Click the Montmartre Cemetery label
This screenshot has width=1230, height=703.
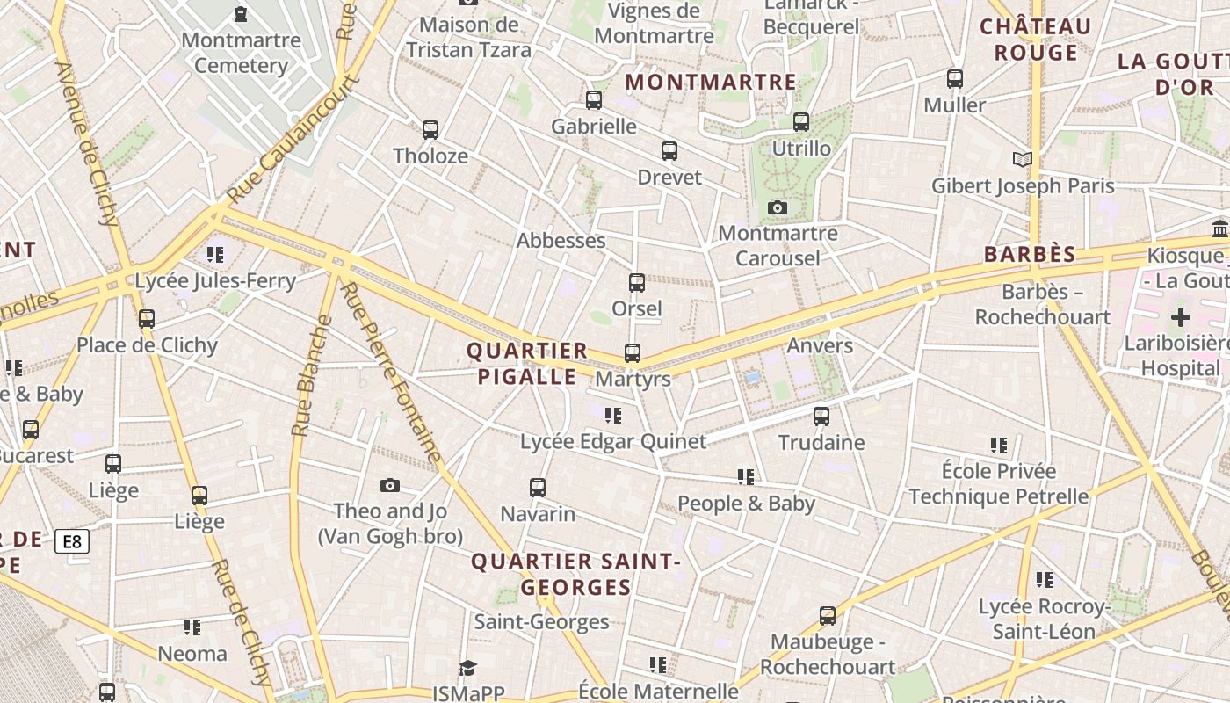coord(241,53)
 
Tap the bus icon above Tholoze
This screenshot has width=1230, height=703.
coord(430,130)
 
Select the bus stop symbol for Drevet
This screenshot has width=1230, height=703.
coord(669,151)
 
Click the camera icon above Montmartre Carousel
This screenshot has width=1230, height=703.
coord(778,208)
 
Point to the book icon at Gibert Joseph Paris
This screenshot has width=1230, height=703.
coord(1022,160)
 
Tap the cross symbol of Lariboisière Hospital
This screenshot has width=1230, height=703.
coord(1181,317)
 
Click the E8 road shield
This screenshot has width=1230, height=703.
coord(72,541)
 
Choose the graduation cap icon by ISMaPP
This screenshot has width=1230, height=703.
coord(468,669)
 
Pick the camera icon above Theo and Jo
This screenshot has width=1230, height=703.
coord(390,485)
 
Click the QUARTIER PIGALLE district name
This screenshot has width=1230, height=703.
coord(527,364)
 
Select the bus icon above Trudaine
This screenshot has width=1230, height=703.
coord(821,417)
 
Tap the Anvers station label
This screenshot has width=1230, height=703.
coord(820,345)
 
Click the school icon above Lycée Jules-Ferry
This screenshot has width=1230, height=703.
coord(215,255)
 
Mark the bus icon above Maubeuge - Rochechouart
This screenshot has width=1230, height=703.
coord(828,616)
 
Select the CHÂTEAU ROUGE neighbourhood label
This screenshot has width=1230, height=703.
coord(1036,40)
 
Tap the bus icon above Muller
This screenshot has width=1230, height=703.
coord(955,79)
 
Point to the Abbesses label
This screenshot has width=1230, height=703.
coord(561,240)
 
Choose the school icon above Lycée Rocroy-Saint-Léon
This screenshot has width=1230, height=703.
coord(1045,580)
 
